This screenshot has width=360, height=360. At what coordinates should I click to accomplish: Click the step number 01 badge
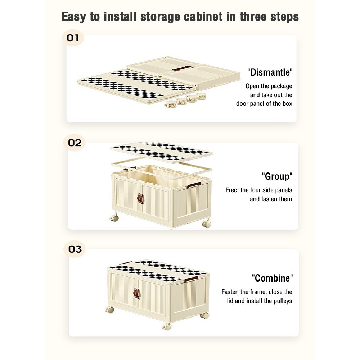(x=73, y=38)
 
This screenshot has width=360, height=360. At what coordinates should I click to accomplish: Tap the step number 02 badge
(x=75, y=143)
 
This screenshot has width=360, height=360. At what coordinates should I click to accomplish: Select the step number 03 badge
(x=75, y=249)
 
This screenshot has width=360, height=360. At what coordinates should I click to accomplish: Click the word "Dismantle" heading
(x=270, y=72)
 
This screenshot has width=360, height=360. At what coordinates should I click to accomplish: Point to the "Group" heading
(x=277, y=176)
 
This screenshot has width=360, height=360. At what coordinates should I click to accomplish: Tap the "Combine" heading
(x=272, y=278)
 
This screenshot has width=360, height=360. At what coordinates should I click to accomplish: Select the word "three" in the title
(x=253, y=17)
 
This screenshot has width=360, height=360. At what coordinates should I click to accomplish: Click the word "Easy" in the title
(x=73, y=17)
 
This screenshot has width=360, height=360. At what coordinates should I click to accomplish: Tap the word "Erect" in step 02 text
(x=232, y=190)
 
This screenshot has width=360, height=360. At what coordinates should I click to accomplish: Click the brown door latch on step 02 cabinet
(x=140, y=198)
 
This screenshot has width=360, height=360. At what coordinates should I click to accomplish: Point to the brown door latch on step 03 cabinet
(x=136, y=293)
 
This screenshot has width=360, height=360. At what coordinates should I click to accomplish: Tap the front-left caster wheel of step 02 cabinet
(x=114, y=217)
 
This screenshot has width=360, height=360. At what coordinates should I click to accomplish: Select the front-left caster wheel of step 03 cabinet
(x=109, y=310)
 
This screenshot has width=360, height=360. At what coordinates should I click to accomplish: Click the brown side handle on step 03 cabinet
(x=191, y=279)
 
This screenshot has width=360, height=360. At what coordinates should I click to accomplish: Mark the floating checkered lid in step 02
(x=161, y=152)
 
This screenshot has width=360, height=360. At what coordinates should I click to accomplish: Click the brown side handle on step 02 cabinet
(x=194, y=185)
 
